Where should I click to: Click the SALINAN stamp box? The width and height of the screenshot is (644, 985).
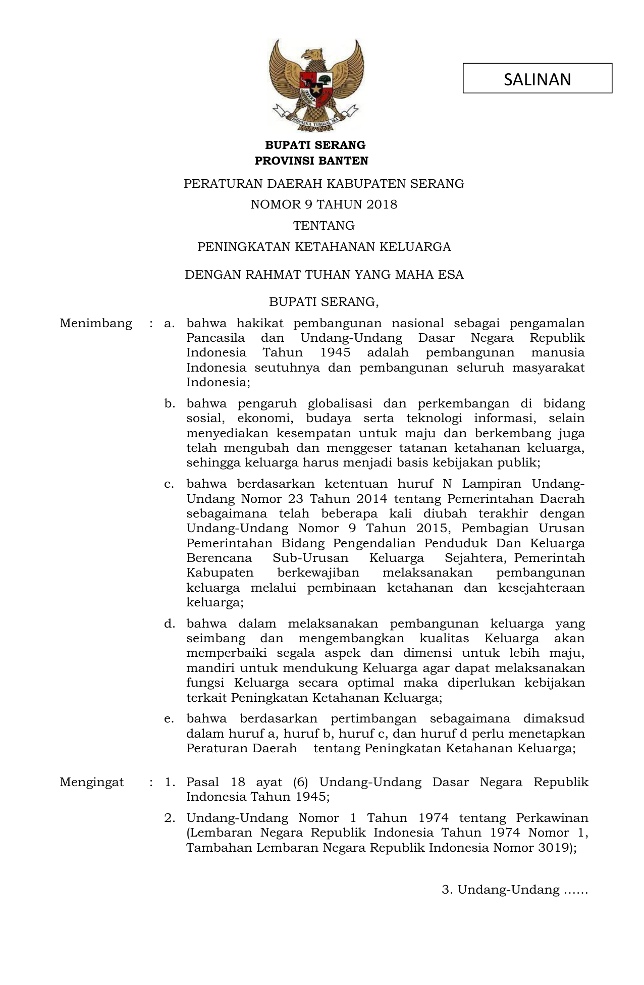[x=537, y=78]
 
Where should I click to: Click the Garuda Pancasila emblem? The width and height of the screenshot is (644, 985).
[x=316, y=83]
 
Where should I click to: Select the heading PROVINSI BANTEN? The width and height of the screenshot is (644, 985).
[x=311, y=161]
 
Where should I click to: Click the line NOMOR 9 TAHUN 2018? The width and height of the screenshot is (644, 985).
[x=324, y=204]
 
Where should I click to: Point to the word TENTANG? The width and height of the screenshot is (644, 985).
[x=324, y=225]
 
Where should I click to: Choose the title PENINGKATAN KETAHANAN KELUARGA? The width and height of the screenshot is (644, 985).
[x=324, y=247]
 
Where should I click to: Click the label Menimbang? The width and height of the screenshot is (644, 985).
[x=96, y=323]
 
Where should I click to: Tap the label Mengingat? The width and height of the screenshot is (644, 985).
[x=92, y=782]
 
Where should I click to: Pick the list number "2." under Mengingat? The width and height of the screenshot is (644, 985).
[x=170, y=818]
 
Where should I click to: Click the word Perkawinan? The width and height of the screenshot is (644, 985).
[x=552, y=818]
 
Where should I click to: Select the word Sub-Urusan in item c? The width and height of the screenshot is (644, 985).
[x=310, y=558]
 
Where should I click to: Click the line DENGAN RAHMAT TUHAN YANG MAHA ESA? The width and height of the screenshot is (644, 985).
[x=324, y=275]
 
